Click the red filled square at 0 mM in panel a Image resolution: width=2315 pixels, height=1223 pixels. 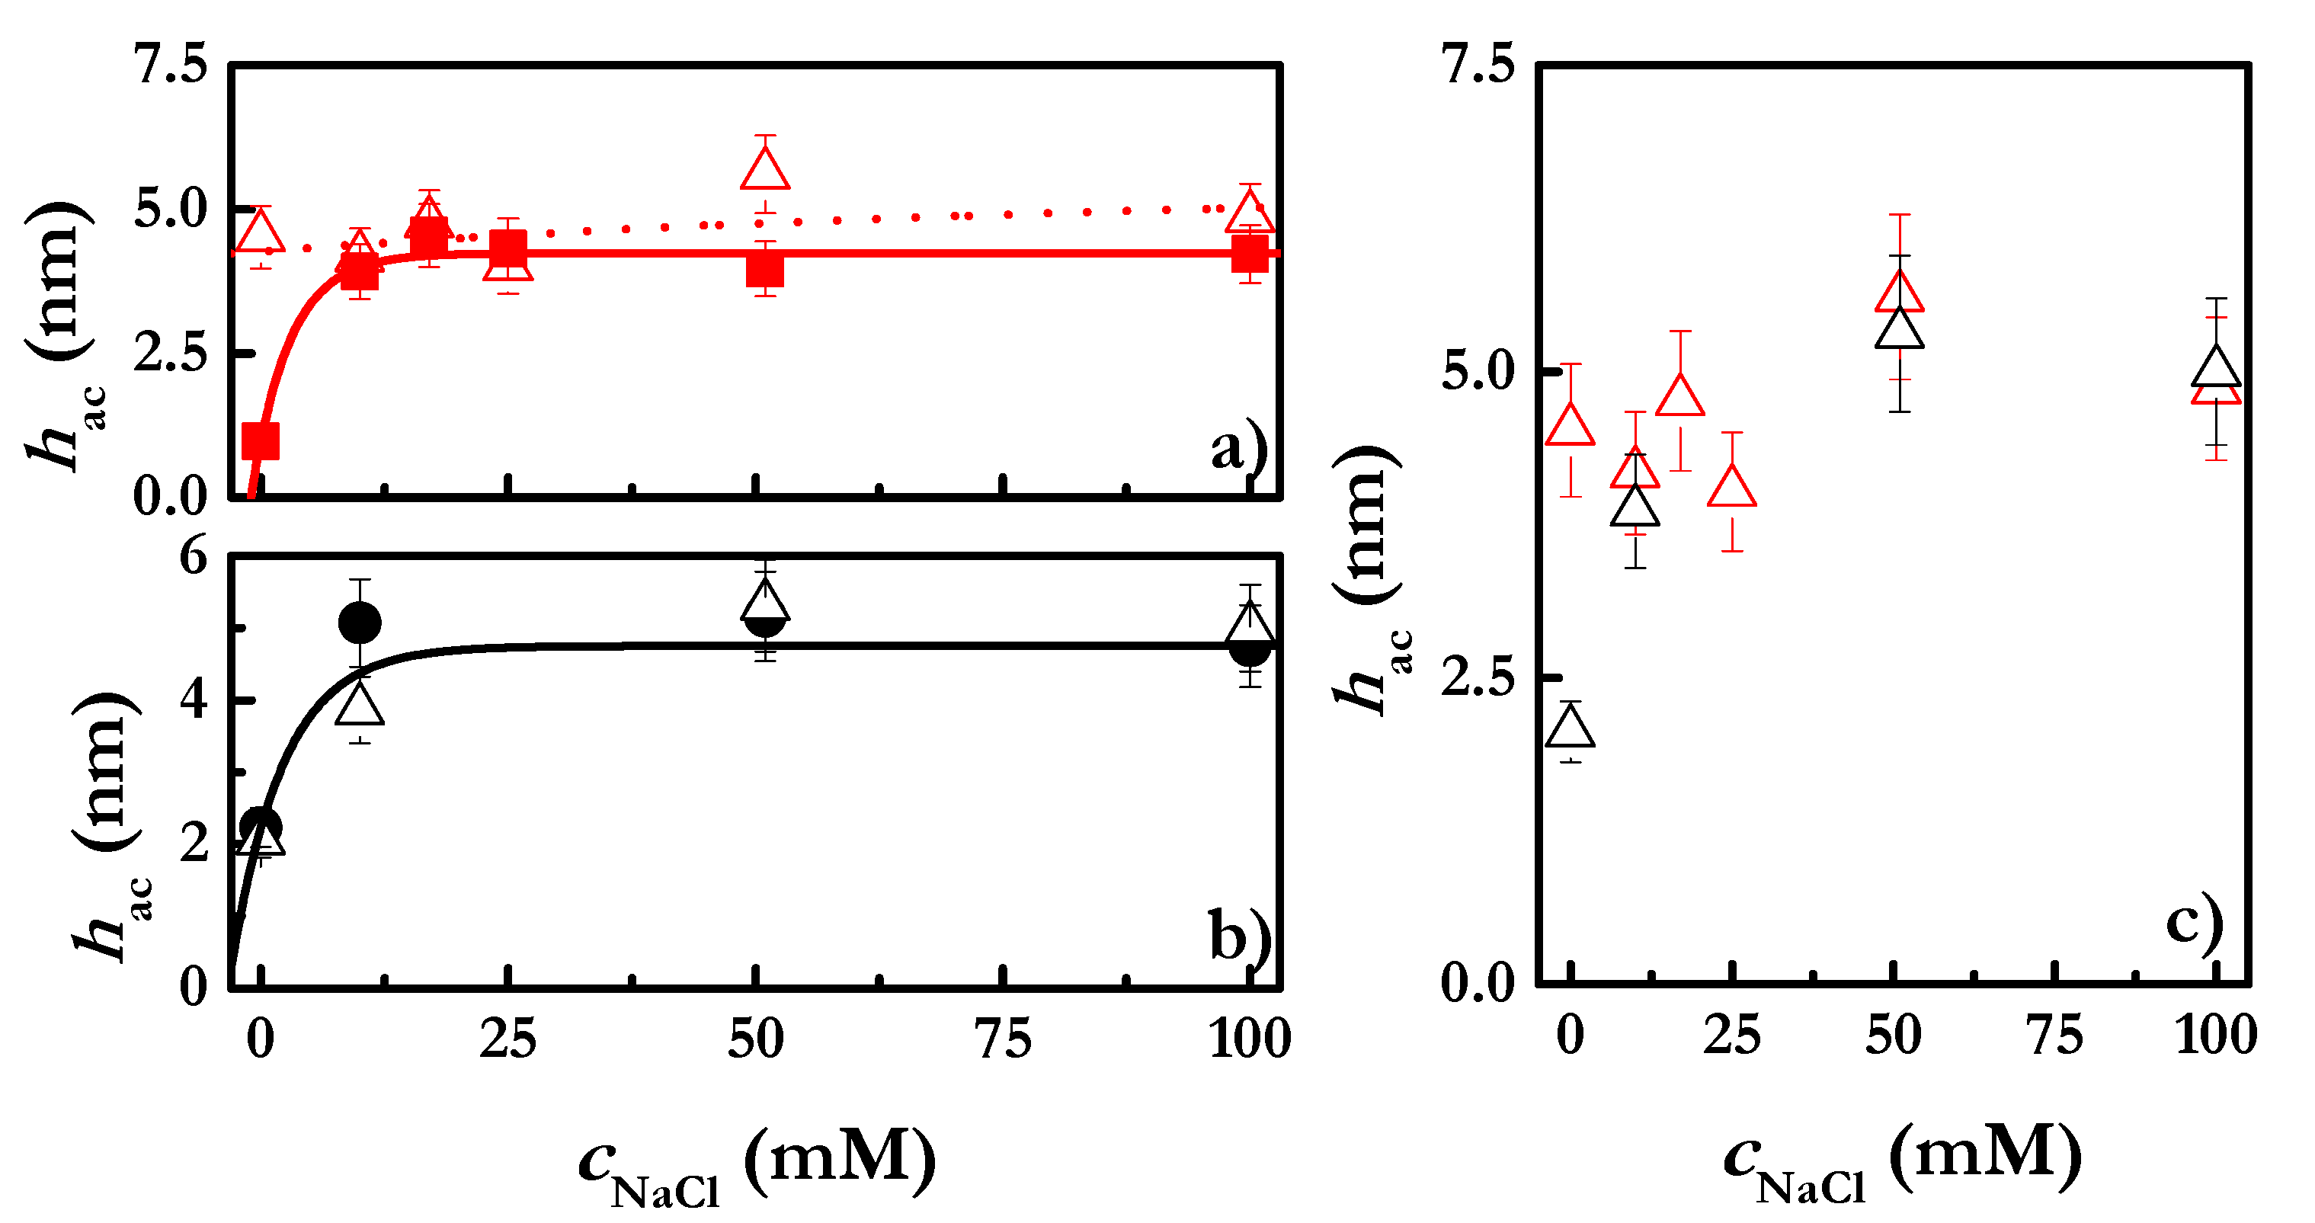261,440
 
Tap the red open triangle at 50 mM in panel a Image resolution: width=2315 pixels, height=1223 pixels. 765,170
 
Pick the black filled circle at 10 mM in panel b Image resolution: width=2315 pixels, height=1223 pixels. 360,622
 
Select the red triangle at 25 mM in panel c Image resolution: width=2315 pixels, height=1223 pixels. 1732,488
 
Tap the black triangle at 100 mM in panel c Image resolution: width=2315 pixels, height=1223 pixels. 2216,367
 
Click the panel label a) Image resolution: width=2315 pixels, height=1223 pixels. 1238,447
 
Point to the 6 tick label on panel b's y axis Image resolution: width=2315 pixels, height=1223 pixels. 194,556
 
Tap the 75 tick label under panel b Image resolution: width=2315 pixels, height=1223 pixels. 1003,1039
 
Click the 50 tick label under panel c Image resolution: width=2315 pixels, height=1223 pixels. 1894,1036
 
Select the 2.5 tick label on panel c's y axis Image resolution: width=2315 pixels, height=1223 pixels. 1478,677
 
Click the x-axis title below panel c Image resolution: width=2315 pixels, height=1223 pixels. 1902,1162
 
